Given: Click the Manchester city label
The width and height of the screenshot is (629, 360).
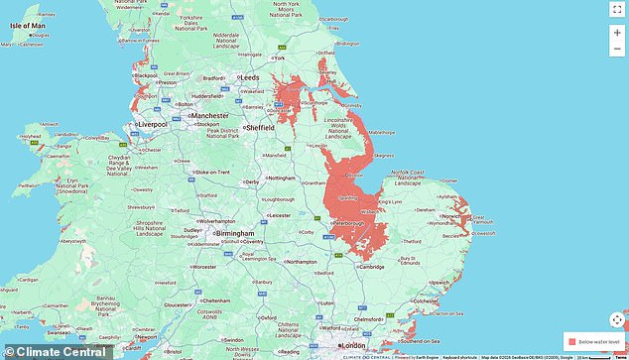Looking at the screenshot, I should tap(209, 115).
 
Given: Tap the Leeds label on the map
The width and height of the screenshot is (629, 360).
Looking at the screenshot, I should tap(251, 75).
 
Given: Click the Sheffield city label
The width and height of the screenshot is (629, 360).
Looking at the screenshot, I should tap(263, 126).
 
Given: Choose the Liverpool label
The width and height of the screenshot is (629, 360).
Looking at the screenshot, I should tap(151, 124).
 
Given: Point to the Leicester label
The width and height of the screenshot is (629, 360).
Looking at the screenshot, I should tap(282, 215).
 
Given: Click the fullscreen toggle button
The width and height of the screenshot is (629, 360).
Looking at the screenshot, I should tap(616, 10).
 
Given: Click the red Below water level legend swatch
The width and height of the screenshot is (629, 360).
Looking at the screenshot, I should tap(572, 340).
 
